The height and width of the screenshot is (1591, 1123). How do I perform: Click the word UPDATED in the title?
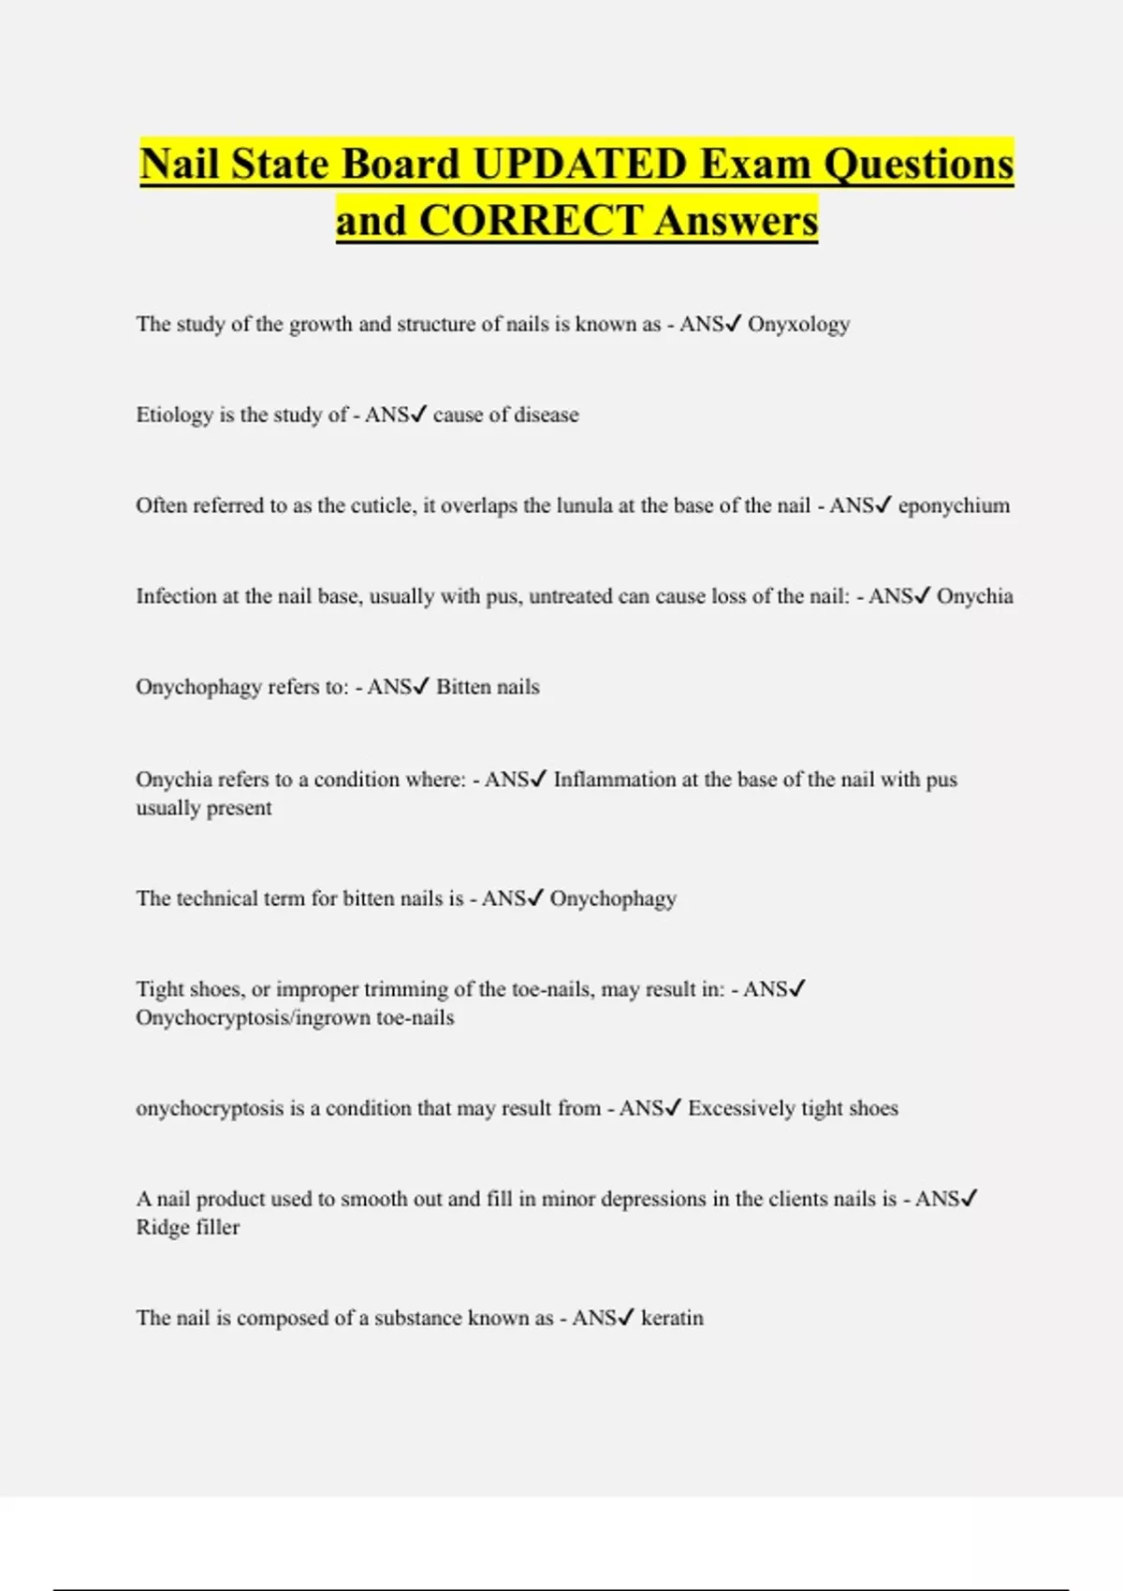point(580,164)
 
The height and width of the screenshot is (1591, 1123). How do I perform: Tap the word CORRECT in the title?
point(530,221)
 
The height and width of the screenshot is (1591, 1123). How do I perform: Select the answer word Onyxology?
point(798,325)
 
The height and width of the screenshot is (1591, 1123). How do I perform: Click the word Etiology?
point(174,416)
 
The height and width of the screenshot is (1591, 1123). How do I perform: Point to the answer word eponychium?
point(954,506)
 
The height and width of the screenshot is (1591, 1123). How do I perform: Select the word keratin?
point(672,1318)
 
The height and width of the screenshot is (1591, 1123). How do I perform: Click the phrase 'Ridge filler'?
point(188,1227)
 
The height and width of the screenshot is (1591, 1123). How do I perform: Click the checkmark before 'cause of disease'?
point(419,414)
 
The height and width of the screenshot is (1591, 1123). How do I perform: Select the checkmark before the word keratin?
point(626,1317)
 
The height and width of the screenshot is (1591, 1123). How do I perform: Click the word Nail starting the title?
point(180,164)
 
